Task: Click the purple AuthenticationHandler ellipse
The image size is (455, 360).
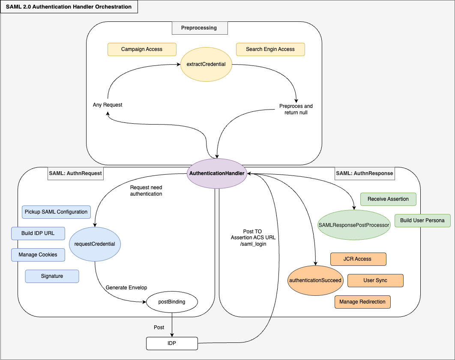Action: click(x=217, y=173)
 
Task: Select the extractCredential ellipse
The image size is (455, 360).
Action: click(x=206, y=64)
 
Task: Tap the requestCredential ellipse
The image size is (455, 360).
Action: click(x=95, y=244)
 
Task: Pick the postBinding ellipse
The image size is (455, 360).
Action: click(x=172, y=302)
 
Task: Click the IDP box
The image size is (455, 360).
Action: click(x=172, y=343)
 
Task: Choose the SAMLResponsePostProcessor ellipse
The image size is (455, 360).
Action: click(x=354, y=225)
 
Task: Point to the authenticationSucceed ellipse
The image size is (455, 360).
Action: click(x=315, y=280)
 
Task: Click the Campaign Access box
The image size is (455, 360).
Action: click(x=142, y=49)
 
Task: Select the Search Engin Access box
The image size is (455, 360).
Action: click(x=270, y=49)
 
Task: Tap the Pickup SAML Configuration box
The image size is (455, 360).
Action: click(x=56, y=212)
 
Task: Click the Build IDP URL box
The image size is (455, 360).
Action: click(x=38, y=233)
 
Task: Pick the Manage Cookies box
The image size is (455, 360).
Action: click(x=38, y=255)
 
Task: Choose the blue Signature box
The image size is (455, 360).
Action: click(x=52, y=276)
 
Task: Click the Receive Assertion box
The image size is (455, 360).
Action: click(x=388, y=199)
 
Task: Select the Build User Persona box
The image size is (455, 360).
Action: click(x=422, y=220)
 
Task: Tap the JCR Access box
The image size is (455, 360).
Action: click(x=358, y=259)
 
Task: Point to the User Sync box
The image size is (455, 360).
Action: click(x=375, y=280)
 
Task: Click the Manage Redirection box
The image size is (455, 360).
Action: click(x=362, y=302)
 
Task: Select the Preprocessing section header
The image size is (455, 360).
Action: click(x=200, y=28)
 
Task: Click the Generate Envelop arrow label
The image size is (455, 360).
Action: click(x=126, y=288)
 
